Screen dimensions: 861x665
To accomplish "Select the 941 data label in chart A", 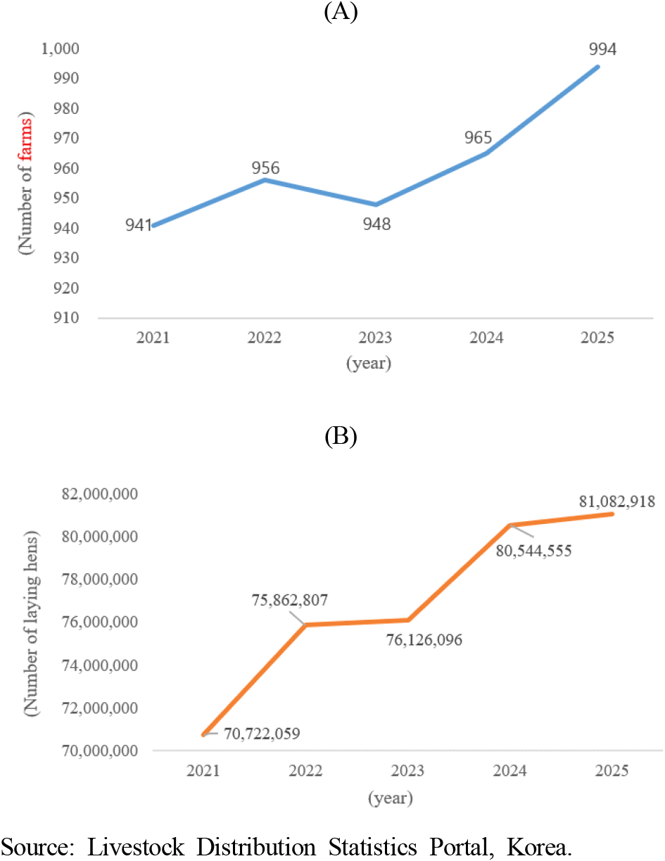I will click(138, 226).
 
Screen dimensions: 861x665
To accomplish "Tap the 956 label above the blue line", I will click(265, 169).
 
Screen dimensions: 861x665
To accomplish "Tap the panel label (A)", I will click(341, 13).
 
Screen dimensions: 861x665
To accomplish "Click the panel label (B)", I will click(341, 437).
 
